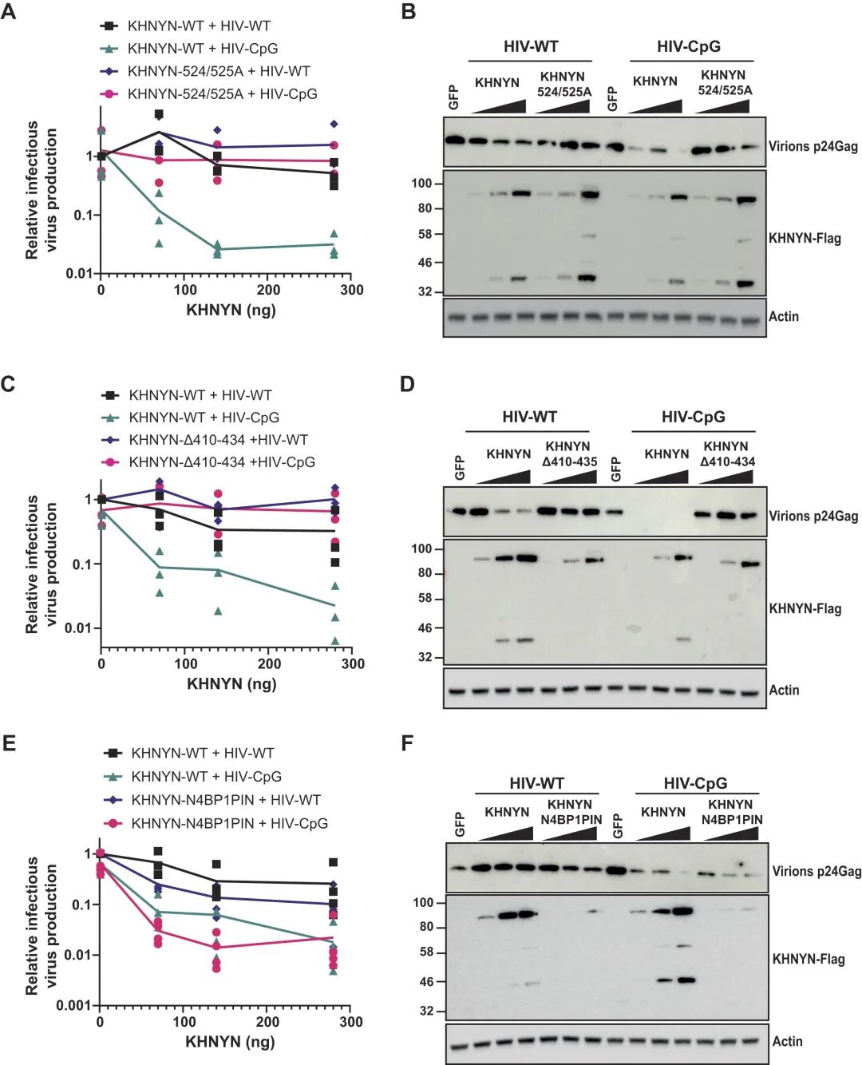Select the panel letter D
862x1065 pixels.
(407, 384)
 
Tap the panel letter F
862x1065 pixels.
(407, 743)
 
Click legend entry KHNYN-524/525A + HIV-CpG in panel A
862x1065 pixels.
(222, 94)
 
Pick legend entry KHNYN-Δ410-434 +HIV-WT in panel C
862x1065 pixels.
(218, 440)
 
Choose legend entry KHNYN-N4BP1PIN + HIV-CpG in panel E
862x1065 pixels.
(229, 823)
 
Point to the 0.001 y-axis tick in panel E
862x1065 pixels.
(74, 1005)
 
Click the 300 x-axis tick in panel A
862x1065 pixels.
(351, 290)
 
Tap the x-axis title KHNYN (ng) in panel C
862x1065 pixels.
(231, 683)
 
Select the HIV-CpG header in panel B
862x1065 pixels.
(689, 46)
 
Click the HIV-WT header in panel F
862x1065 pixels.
(536, 784)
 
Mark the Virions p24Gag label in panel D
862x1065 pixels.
(813, 516)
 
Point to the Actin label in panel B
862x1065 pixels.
(784, 316)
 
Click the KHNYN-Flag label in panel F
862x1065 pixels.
(809, 959)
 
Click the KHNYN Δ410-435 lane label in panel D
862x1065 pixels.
(569, 453)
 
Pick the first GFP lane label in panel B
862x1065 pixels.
(453, 97)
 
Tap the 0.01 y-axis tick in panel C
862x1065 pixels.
(79, 628)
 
